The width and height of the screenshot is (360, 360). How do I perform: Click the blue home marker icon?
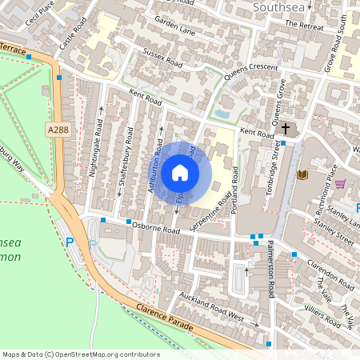pyautogui.click(x=180, y=172)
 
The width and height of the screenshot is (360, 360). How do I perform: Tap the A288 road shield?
pyautogui.click(x=57, y=130)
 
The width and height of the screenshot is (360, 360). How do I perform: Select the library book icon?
pyautogui.click(x=302, y=174)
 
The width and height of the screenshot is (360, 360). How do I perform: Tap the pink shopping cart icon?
pyautogui.click(x=340, y=184)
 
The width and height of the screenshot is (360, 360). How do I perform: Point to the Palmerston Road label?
pyautogui.click(x=272, y=273)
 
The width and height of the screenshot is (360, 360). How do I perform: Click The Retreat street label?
pyautogui.click(x=305, y=26)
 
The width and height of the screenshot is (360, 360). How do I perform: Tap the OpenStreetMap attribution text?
pyautogui.click(x=81, y=354)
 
